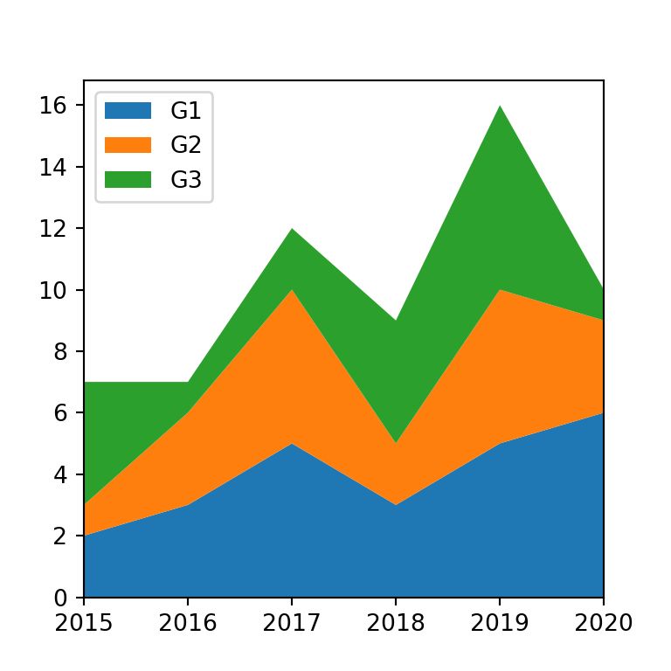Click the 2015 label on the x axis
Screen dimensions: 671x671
(84, 623)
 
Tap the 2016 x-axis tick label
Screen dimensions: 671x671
(188, 623)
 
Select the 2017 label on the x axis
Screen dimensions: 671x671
(292, 623)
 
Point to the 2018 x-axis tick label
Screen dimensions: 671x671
(396, 623)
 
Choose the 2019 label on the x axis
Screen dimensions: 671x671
(500, 623)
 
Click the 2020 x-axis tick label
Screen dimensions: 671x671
(603, 623)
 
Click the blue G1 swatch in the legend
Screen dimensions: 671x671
(128, 110)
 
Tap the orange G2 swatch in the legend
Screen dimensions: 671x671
(128, 145)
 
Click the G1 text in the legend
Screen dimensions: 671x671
(186, 110)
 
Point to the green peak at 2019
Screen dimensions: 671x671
(500, 106)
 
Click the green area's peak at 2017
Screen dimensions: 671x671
(292, 229)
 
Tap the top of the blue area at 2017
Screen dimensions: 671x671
(292, 444)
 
